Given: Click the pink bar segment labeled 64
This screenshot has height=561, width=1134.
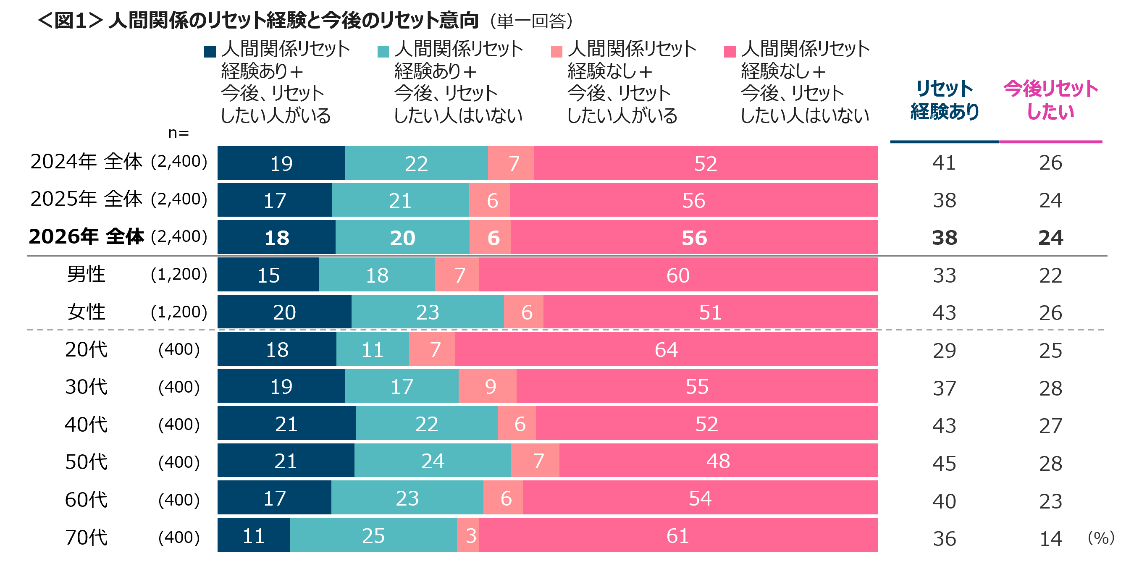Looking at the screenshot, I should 666,349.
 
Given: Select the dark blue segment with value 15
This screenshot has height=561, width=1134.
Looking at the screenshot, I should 268,275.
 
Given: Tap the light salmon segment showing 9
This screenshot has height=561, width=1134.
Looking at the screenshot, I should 488,386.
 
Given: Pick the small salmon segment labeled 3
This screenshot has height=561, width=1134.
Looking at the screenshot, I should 468,535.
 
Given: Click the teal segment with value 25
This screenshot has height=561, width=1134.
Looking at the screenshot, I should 373,535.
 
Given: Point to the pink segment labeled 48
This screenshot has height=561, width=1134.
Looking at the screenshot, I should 718,461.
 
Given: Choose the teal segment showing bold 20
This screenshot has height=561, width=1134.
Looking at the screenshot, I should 402,238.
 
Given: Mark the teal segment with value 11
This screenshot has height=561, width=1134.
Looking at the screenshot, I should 373,349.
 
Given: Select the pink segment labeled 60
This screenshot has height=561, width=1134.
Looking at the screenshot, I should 678,275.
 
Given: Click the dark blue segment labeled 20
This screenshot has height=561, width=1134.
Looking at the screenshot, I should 284,312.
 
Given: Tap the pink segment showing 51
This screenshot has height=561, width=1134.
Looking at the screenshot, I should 710,312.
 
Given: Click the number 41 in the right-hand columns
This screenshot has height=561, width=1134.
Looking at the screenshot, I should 944,163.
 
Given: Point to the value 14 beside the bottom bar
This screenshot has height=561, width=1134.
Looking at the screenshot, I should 1051,539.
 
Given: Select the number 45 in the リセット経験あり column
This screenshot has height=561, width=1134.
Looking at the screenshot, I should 944,463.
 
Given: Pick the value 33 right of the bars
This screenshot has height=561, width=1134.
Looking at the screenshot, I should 944,275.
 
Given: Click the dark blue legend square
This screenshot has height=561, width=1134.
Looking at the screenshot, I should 210,52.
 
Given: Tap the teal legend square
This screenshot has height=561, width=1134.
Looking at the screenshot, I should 383,52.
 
